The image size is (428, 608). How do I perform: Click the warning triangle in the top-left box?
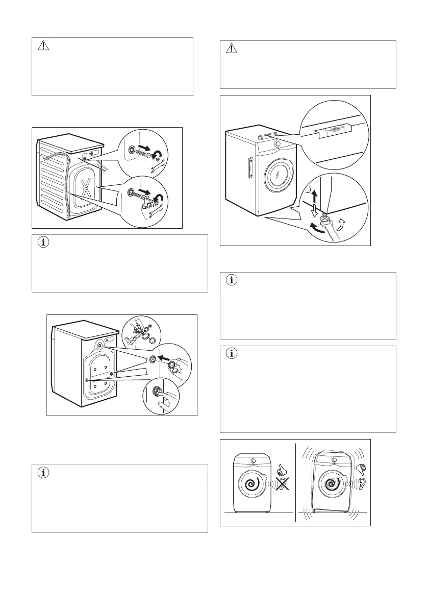pos(43,46)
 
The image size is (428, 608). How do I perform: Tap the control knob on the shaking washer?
pos(334,460)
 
